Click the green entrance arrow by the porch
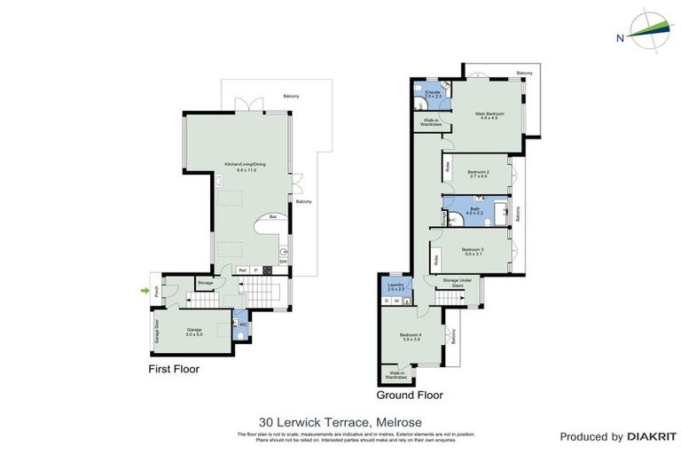[x=144, y=289]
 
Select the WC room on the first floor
[x=239, y=325]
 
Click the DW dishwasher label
[x=282, y=261]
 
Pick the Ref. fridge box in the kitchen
[x=242, y=270]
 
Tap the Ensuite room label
[x=433, y=93]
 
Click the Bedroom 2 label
[x=479, y=174]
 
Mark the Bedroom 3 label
[x=473, y=252]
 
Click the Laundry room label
[x=395, y=286]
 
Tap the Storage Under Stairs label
[x=458, y=283]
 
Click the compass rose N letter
[x=618, y=37]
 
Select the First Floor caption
[x=174, y=369]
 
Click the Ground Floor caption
[x=410, y=395]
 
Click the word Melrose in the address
[x=401, y=422]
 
